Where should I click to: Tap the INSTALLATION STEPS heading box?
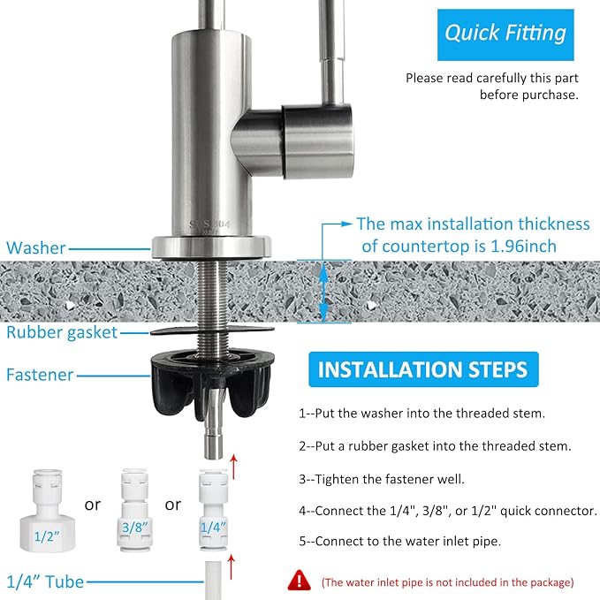422,368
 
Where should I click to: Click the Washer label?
36,248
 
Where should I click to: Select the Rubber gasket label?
62,332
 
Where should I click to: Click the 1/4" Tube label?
45,581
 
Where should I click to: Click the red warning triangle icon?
300,580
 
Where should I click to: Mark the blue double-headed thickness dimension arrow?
325,288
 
